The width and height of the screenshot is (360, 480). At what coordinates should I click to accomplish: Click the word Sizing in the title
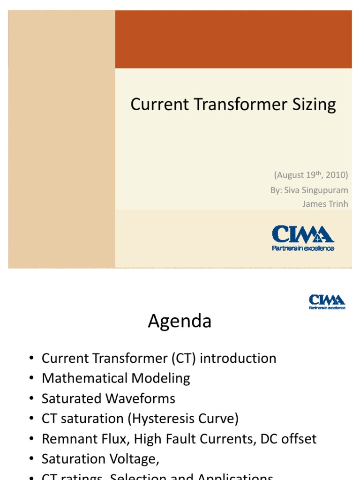(314, 105)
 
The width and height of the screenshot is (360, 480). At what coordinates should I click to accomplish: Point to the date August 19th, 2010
(311, 175)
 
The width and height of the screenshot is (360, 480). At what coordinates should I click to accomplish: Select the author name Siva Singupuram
(309, 190)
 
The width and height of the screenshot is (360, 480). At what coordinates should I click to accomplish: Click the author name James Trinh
(326, 203)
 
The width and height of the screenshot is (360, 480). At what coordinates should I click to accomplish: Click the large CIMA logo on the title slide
(303, 234)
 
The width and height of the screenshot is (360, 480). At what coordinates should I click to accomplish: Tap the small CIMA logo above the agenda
(327, 300)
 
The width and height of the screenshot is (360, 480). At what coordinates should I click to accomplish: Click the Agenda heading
(180, 322)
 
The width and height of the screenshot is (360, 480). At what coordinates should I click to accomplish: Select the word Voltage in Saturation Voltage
(135, 459)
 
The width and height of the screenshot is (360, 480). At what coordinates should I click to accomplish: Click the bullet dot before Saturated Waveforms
(31, 399)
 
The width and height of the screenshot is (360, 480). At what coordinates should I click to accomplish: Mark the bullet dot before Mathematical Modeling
(31, 379)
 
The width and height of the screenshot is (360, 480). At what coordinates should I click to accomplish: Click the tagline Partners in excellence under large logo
(303, 248)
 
